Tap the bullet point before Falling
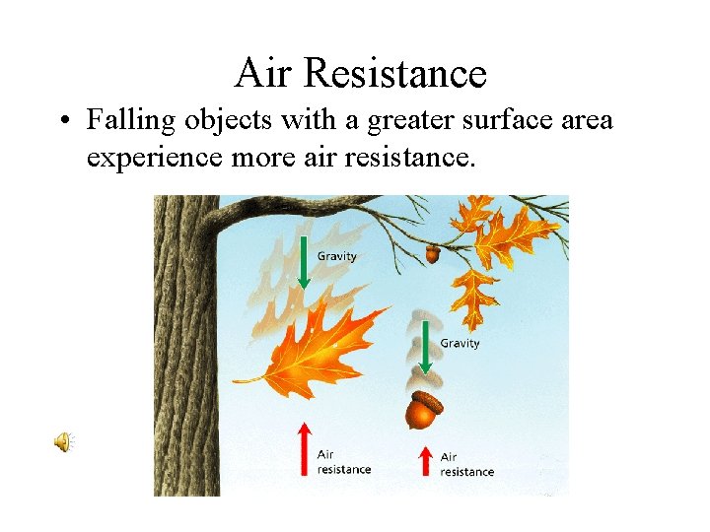[61, 122]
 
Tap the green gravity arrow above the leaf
[304, 262]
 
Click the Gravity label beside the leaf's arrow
[336, 256]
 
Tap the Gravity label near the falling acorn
[460, 343]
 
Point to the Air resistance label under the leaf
[343, 462]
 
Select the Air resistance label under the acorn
[466, 464]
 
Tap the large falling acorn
[424, 411]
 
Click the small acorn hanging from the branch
[433, 253]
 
